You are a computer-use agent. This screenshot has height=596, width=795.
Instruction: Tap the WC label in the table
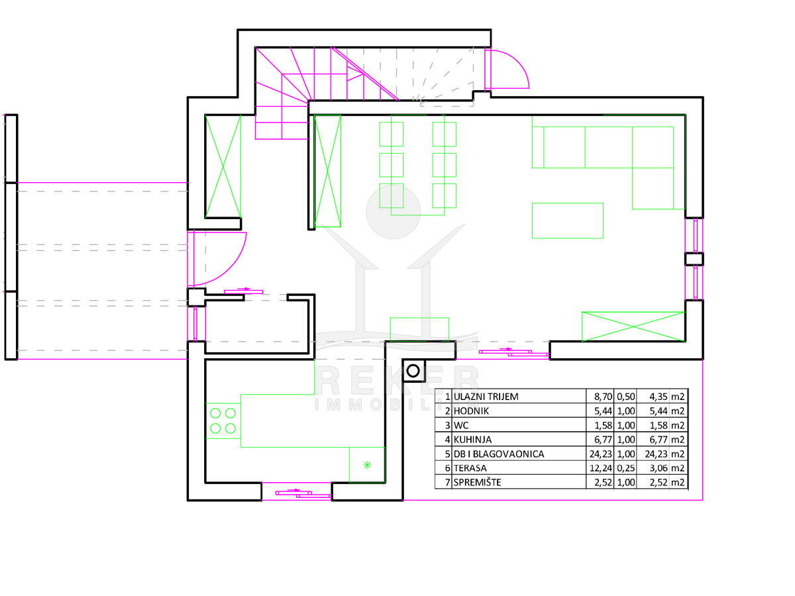[x=461, y=425]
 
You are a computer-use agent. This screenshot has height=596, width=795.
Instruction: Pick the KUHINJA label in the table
[x=474, y=439]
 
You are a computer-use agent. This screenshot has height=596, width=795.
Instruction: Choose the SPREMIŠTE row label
[x=477, y=482]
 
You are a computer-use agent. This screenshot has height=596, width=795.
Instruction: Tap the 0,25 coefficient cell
[x=626, y=468]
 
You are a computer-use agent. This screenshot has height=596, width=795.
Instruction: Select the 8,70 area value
[x=599, y=397]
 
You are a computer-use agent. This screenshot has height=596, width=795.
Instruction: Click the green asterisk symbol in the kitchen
[x=367, y=465]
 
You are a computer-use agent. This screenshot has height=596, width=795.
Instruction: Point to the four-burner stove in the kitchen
[x=223, y=421]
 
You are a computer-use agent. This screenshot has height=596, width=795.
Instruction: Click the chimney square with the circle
[x=413, y=371]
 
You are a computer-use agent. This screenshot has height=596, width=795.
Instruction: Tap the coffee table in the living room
[x=567, y=221]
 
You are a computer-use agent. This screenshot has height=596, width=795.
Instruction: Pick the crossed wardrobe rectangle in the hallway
[x=223, y=166]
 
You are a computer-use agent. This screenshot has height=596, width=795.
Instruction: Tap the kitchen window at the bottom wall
[x=296, y=493]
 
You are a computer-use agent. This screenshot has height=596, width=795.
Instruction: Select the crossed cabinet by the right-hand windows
[x=633, y=326]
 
